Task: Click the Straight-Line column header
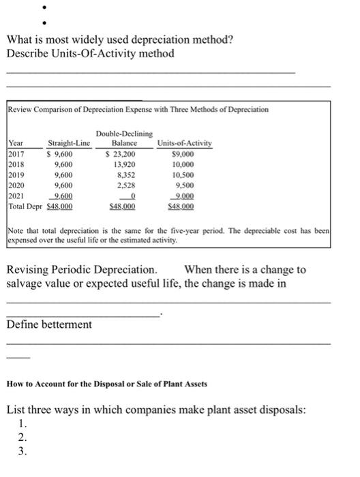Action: coord(68,144)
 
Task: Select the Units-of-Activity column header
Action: coord(185,144)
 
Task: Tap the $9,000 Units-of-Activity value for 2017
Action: coord(185,154)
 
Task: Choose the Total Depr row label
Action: coord(25,205)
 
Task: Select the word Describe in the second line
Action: coord(27,53)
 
